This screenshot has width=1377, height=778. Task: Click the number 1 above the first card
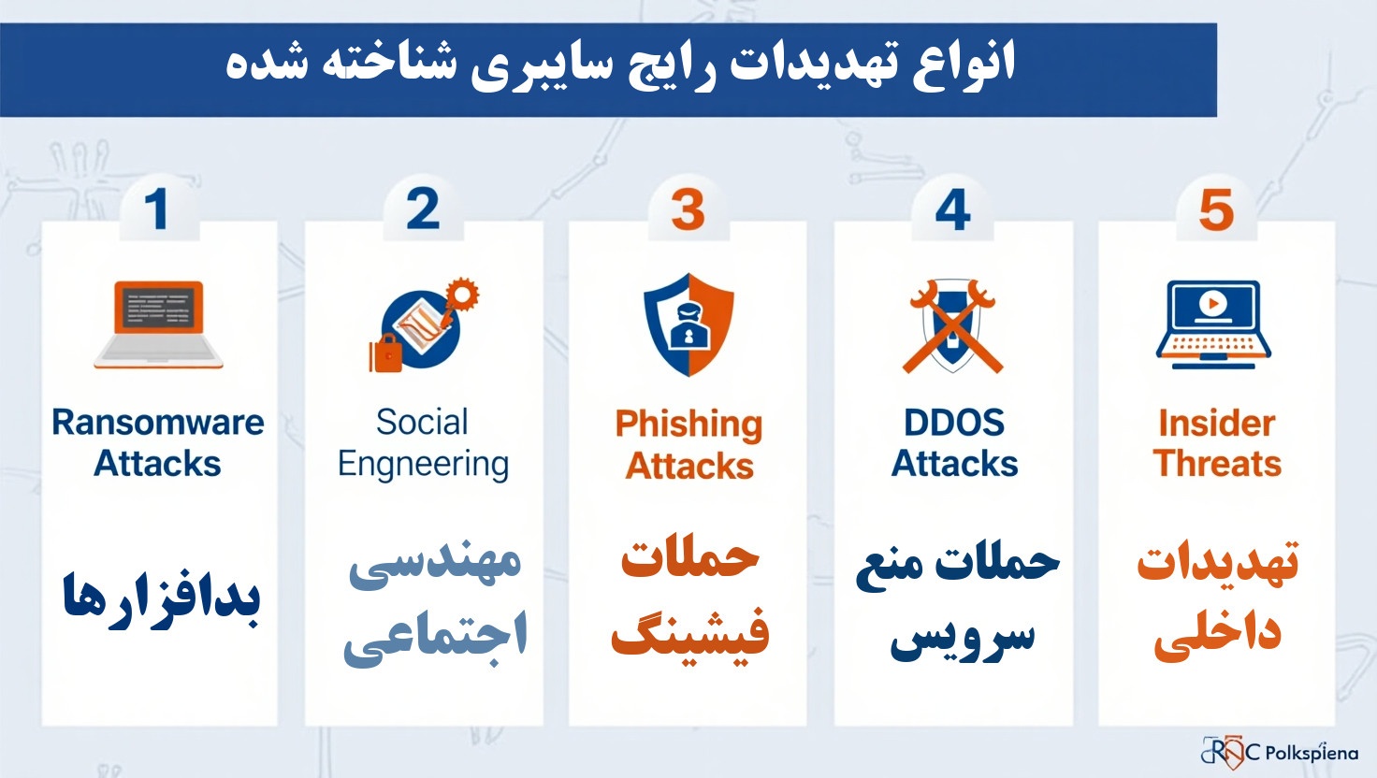coord(156,209)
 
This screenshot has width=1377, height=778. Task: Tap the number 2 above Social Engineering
coord(423,209)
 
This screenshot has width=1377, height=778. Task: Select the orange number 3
coord(688,210)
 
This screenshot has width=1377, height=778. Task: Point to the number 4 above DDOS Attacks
coord(952,210)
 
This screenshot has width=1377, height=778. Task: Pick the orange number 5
coord(1216,210)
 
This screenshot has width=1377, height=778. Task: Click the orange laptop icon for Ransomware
coord(158,324)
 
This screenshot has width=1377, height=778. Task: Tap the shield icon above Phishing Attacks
coord(688,324)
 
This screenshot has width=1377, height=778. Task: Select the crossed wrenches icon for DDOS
coord(952,325)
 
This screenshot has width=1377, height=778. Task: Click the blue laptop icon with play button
coord(1213,322)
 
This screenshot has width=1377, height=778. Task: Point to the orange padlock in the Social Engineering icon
coord(385,354)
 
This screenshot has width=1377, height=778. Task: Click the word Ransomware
coord(158,423)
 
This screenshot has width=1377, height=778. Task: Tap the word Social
coord(422,423)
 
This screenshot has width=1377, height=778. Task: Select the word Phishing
coord(688,425)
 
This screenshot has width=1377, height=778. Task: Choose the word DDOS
coord(954,423)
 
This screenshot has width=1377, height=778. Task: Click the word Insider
coord(1216,424)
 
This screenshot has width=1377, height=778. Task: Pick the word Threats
coord(1217,464)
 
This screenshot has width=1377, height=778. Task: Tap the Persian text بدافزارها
coord(161,598)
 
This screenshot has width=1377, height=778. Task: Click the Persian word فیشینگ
coord(690,634)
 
